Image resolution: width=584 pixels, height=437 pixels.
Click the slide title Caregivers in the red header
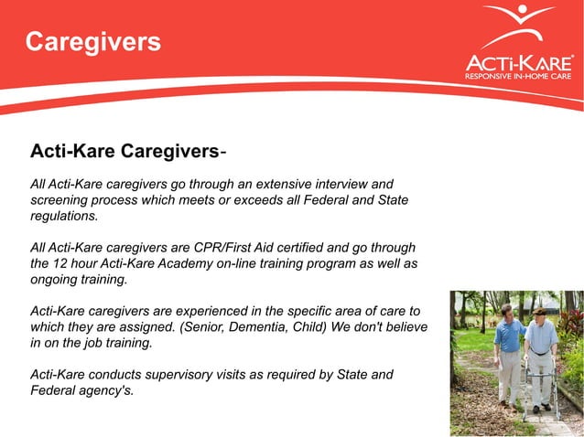pyautogui.click(x=92, y=41)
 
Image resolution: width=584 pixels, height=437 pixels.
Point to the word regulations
pyautogui.click(x=63, y=216)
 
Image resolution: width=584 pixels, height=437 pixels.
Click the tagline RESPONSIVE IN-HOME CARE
pyautogui.click(x=518, y=77)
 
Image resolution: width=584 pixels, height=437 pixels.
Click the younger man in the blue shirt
pyautogui.click(x=510, y=352)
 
